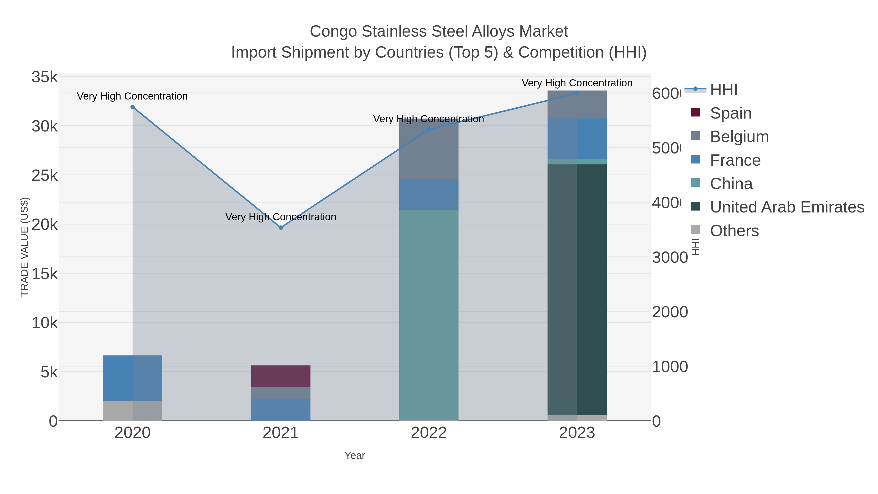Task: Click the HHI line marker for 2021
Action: pyautogui.click(x=280, y=227)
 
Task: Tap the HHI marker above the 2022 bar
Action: pyautogui.click(x=429, y=130)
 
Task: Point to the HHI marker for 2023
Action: pyautogui.click(x=577, y=93)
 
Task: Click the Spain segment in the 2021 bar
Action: pyautogui.click(x=280, y=376)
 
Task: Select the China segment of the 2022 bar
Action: pyautogui.click(x=429, y=314)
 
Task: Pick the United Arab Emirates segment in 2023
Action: pyautogui.click(x=577, y=290)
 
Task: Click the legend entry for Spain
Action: pyautogui.click(x=730, y=113)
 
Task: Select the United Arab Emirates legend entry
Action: pyautogui.click(x=787, y=207)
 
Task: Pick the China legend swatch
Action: pyautogui.click(x=695, y=183)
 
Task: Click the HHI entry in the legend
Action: pyautogui.click(x=723, y=89)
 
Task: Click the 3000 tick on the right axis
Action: pyautogui.click(x=669, y=257)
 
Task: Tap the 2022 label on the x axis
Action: pyautogui.click(x=429, y=433)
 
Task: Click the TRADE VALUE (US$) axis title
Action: pyautogui.click(x=25, y=247)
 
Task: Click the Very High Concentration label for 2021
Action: pyautogui.click(x=280, y=217)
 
